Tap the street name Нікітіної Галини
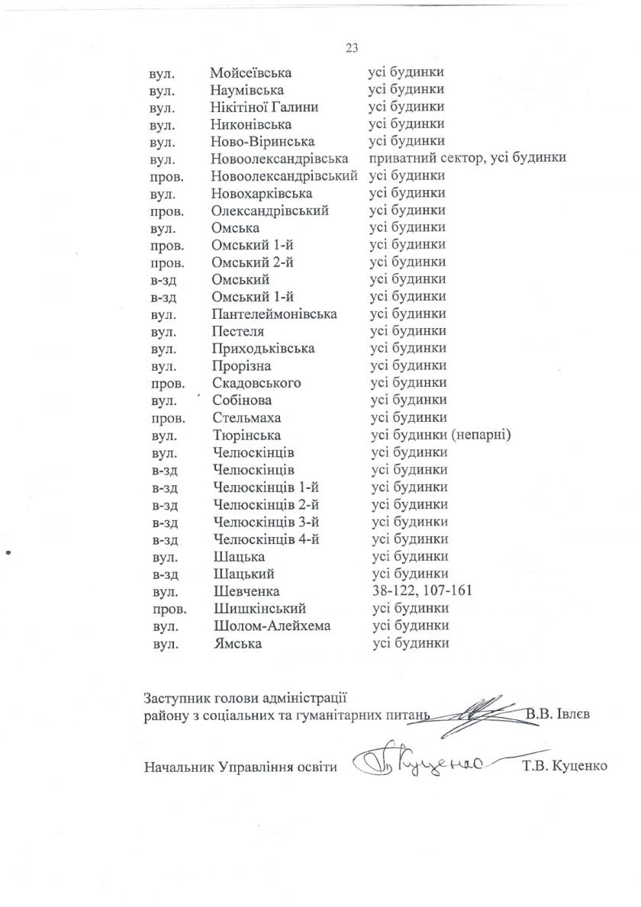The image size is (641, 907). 264,108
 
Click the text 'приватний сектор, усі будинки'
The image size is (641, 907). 467,159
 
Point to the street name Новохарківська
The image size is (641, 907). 262,193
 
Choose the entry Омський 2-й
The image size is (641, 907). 253,262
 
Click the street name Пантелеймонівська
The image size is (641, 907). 275,314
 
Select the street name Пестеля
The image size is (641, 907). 238,331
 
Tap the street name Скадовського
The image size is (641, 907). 256,383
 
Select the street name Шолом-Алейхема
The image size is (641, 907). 266,626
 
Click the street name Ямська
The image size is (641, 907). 238,644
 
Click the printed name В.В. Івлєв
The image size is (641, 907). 559,715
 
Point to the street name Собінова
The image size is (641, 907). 243,400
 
